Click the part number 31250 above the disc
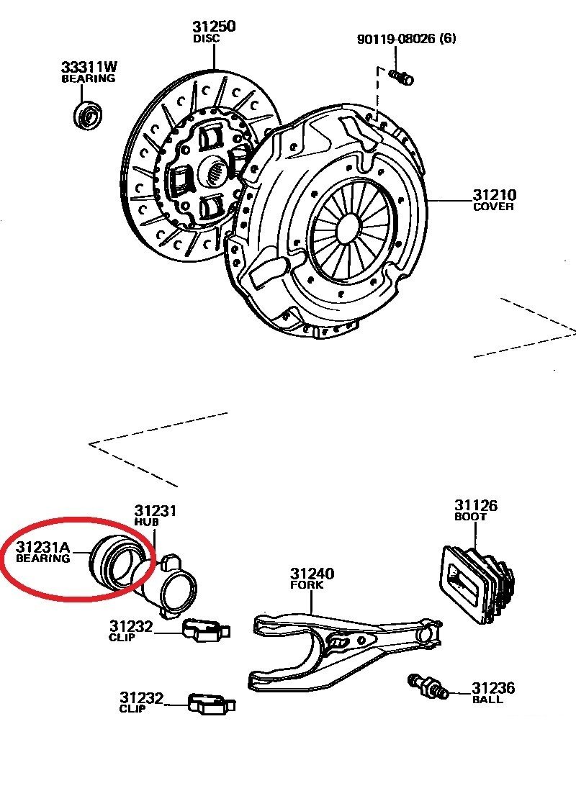pos(214,27)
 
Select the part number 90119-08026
pos(395,38)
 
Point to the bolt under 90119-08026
pos(400,76)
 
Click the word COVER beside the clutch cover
pos(493,207)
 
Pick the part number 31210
pos(494,195)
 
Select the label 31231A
pos(43,546)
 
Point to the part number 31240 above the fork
pos(312,574)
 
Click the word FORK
pos(307,585)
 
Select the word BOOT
pos(469,517)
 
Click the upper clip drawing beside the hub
pos(204,630)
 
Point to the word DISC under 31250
pos(207,39)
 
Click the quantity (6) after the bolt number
pos(448,38)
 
